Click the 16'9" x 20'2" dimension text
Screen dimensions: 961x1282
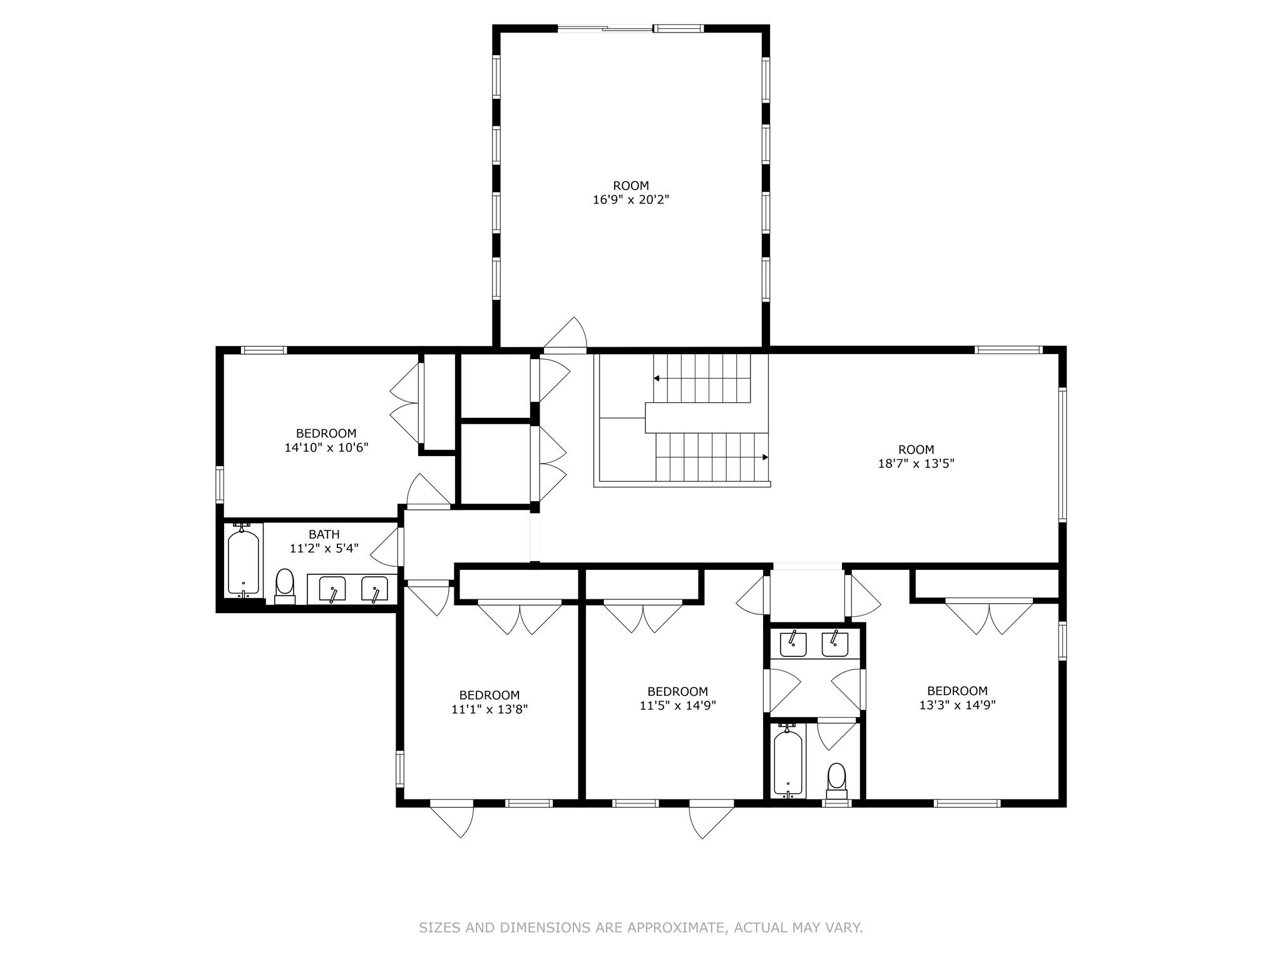click(x=631, y=200)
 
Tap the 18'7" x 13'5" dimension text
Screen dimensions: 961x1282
click(x=916, y=464)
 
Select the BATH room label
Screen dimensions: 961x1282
click(x=324, y=534)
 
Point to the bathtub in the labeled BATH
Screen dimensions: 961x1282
click(x=243, y=561)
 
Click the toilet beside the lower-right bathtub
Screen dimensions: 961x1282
click(x=836, y=780)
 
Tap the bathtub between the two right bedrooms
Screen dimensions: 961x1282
click(x=787, y=762)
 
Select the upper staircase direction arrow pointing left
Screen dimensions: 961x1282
click(x=657, y=378)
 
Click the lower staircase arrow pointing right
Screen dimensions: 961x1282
click(x=765, y=457)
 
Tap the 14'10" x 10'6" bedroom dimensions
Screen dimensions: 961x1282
click(x=326, y=447)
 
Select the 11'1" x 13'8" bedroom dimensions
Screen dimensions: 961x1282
click(x=490, y=709)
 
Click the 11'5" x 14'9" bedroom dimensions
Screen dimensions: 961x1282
click(x=677, y=706)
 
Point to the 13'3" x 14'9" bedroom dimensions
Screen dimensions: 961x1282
click(x=957, y=705)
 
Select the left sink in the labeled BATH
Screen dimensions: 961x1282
click(x=332, y=590)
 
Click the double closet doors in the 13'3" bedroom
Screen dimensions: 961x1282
click(x=989, y=616)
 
